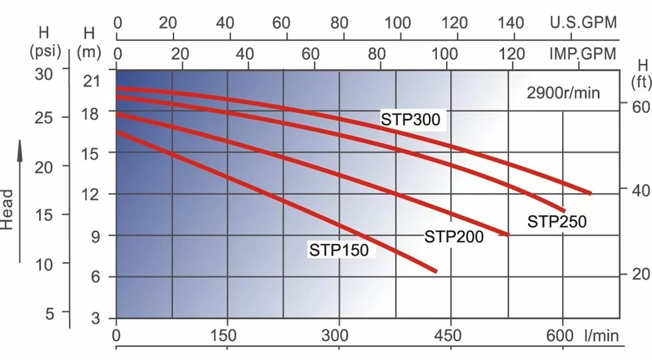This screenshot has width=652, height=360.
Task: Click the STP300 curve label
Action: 411,119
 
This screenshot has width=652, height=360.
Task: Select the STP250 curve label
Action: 557,222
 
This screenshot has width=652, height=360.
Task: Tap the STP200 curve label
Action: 454,236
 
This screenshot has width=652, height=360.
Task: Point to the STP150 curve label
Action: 339,250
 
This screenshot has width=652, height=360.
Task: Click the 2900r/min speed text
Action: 563,93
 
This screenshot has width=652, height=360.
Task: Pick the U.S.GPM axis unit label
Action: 583,23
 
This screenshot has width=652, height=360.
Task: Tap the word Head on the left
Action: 7,209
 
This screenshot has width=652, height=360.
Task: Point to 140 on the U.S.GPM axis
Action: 510,23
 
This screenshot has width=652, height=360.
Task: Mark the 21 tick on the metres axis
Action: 92,82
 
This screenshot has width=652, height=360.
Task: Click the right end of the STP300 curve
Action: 590,193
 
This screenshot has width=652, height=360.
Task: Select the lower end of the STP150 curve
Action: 435,270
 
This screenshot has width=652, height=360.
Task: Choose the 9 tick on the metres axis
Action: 96,235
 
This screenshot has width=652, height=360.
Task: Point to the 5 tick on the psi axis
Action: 50,313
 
